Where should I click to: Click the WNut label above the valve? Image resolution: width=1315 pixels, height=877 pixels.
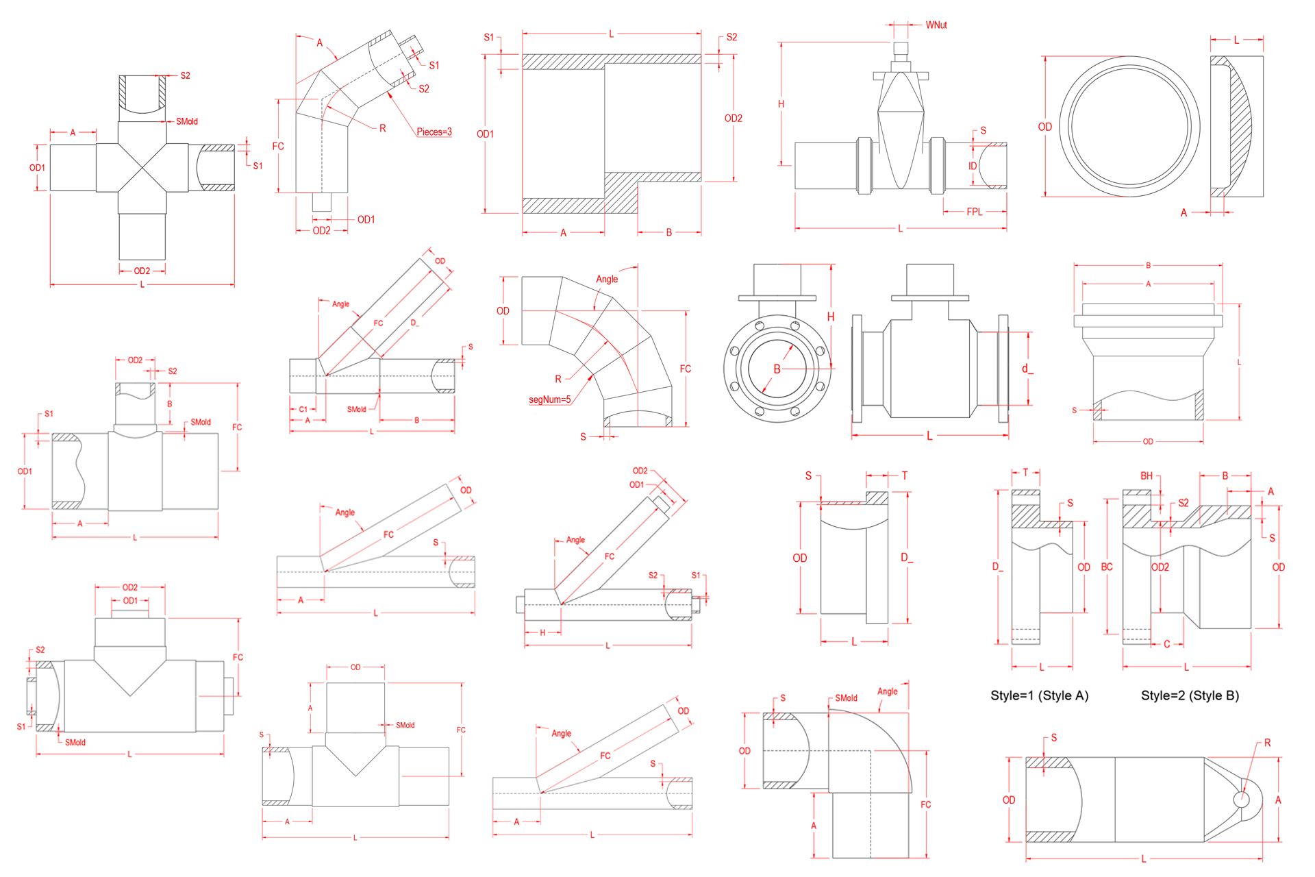tap(936, 25)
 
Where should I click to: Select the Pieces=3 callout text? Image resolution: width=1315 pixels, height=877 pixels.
tap(434, 132)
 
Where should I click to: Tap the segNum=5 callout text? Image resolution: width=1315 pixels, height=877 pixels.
tap(549, 399)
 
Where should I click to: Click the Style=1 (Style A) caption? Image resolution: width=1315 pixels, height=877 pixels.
tap(1039, 695)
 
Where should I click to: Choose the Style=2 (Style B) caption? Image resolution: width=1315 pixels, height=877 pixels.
tap(1190, 695)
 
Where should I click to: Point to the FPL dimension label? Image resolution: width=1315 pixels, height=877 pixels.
tap(974, 212)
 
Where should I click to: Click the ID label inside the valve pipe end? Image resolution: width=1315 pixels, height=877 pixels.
tap(973, 166)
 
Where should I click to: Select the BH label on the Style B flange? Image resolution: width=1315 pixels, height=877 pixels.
tap(1147, 475)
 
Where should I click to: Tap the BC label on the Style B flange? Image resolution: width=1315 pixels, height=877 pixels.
tap(1107, 567)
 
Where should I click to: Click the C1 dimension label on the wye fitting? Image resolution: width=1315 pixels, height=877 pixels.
tap(303, 409)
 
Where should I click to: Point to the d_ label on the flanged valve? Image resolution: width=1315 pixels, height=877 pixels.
tap(1027, 369)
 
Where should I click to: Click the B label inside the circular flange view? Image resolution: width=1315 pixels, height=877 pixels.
tap(777, 369)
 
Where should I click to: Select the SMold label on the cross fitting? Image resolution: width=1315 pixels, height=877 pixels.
tap(187, 121)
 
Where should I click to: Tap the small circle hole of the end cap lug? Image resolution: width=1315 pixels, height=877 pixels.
tap(1241, 800)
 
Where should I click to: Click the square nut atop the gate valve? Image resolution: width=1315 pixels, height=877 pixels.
tap(901, 48)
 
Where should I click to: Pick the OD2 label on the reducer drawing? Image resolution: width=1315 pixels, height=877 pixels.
tap(733, 119)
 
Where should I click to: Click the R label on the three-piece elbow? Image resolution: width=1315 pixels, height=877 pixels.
tap(382, 128)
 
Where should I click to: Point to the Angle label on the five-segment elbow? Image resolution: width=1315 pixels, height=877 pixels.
tap(607, 279)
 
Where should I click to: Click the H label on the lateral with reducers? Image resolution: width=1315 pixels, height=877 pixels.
tap(542, 632)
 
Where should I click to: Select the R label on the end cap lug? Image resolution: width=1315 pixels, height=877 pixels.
tap(1267, 743)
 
